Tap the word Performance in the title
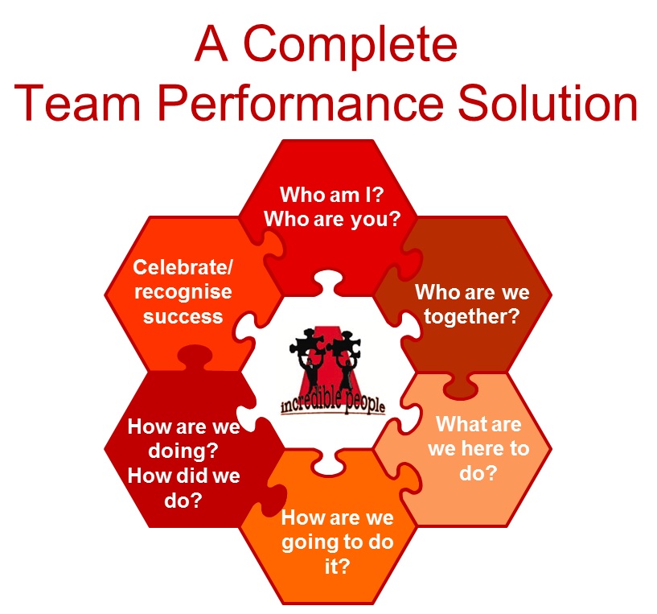[301, 104]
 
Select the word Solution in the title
[548, 102]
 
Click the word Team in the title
[77, 103]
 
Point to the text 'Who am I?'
[332, 195]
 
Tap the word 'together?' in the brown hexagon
[472, 316]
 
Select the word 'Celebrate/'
[183, 267]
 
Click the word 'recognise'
[183, 292]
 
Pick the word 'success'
[183, 316]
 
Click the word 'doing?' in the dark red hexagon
[183, 451]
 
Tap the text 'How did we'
[183, 476]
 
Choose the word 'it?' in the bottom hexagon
[337, 567]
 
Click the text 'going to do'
[337, 542]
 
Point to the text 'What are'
[478, 424]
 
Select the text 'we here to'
[478, 448]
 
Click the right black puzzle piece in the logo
[343, 344]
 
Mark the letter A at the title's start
[211, 43]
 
